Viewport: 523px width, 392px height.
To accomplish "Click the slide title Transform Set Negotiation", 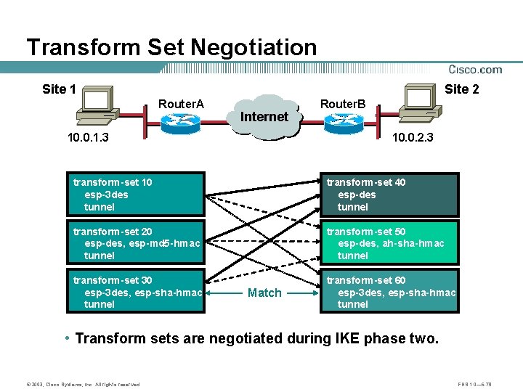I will [171, 47].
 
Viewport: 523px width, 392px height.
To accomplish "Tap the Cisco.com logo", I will [475, 69].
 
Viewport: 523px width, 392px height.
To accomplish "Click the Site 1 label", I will [59, 89].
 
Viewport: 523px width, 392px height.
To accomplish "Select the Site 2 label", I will [461, 89].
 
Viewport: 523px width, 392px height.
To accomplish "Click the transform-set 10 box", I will [138, 195].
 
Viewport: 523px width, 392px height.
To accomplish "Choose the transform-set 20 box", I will [138, 243].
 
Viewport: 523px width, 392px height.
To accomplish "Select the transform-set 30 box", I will [138, 292].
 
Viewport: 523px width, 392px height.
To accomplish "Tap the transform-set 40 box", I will [391, 195].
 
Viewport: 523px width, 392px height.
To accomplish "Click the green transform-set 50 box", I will [391, 243].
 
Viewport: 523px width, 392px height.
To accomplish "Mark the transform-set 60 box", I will [391, 292].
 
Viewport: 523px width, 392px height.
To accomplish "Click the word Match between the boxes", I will [264, 293].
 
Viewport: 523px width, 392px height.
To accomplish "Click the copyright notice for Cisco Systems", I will [73, 384].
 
